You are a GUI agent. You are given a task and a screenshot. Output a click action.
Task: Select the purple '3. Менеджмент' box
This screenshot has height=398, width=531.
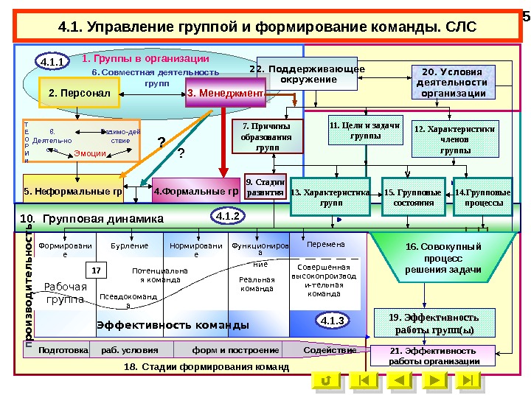[225, 94]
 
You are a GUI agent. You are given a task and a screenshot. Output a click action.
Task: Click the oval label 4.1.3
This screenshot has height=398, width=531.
[333, 321]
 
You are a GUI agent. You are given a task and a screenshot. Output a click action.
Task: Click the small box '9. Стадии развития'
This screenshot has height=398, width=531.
[265, 188]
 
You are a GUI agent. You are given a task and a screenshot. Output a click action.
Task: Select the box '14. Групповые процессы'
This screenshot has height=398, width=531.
[483, 197]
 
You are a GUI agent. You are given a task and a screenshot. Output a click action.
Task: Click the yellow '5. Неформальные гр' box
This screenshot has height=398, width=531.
[72, 192]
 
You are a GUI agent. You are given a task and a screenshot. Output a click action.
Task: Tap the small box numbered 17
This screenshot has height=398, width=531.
[96, 270]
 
